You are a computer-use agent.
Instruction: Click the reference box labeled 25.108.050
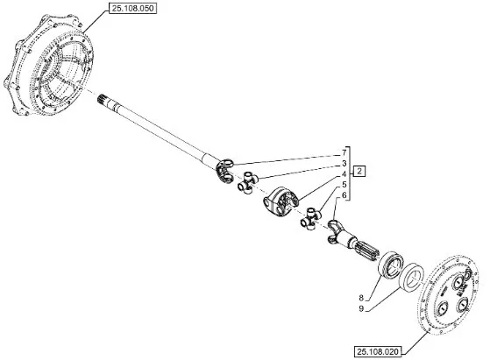pos(133,9)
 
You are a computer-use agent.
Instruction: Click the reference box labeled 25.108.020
pos(378,352)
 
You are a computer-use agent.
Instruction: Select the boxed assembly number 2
pos(359,171)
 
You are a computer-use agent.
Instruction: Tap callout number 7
pos(344,152)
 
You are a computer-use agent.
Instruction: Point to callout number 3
pos(344,163)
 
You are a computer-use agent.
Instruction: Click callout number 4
pos(344,174)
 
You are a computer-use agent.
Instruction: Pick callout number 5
pos(344,185)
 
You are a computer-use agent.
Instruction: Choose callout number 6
pos(344,195)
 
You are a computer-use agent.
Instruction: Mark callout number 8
pos(361,298)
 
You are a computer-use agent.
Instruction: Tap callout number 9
pos(361,309)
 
